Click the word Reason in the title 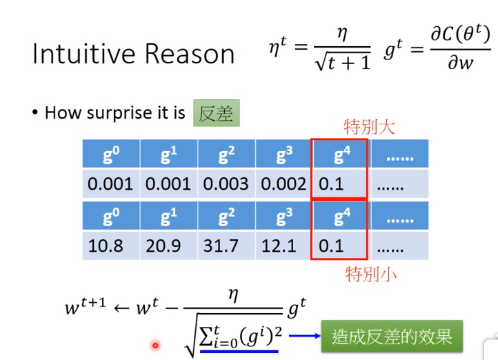click(x=190, y=53)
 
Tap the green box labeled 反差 click(x=217, y=113)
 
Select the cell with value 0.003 click(x=226, y=184)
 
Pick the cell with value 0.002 click(x=283, y=184)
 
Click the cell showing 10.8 click(x=111, y=246)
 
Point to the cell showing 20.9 click(x=169, y=246)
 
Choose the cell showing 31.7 click(x=226, y=246)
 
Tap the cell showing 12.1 click(x=283, y=246)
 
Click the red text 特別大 click(x=369, y=128)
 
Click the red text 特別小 click(x=370, y=274)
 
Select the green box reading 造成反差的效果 click(x=392, y=336)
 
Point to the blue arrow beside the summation click(x=305, y=336)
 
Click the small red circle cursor click(x=155, y=345)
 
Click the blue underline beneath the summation click(x=239, y=352)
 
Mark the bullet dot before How click(x=35, y=112)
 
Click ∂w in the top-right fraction click(x=460, y=63)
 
